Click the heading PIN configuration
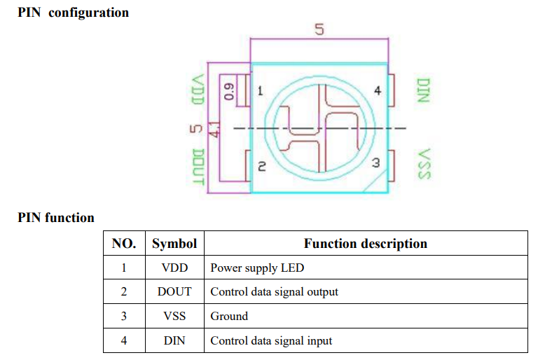73,13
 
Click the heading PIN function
56,218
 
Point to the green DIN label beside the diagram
422,90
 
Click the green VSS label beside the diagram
423,164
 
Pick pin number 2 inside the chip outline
261,167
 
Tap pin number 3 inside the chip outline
375,162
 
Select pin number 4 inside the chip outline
377,91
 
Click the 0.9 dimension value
229,92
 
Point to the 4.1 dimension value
215,129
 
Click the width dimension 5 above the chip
319,30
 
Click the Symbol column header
174,244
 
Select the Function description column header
365,244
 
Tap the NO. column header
124,244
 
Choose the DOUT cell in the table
174,291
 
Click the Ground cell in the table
229,316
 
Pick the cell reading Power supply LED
257,268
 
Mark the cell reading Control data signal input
271,340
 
